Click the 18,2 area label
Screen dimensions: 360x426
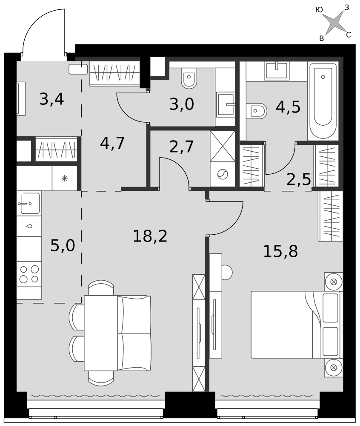coord(150,236)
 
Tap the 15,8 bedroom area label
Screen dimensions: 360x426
coord(280,251)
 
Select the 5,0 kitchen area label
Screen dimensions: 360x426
coord(63,246)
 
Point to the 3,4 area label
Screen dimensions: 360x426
coord(51,99)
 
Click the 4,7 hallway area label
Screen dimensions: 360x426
coord(112,143)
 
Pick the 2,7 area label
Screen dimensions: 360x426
coord(182,147)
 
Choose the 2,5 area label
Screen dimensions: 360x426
coord(299,179)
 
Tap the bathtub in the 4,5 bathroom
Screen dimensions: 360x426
coord(323,101)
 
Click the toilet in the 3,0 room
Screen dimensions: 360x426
coord(189,78)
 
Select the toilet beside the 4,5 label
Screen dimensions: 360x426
coord(257,111)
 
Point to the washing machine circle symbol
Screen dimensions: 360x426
coord(223,174)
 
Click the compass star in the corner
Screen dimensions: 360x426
coord(335,23)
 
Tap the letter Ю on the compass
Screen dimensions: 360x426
coord(319,10)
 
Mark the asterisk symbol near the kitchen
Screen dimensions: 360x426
coord(65,178)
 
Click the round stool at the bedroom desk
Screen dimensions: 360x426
coord(227,272)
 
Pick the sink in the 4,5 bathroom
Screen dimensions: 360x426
coord(277,70)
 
